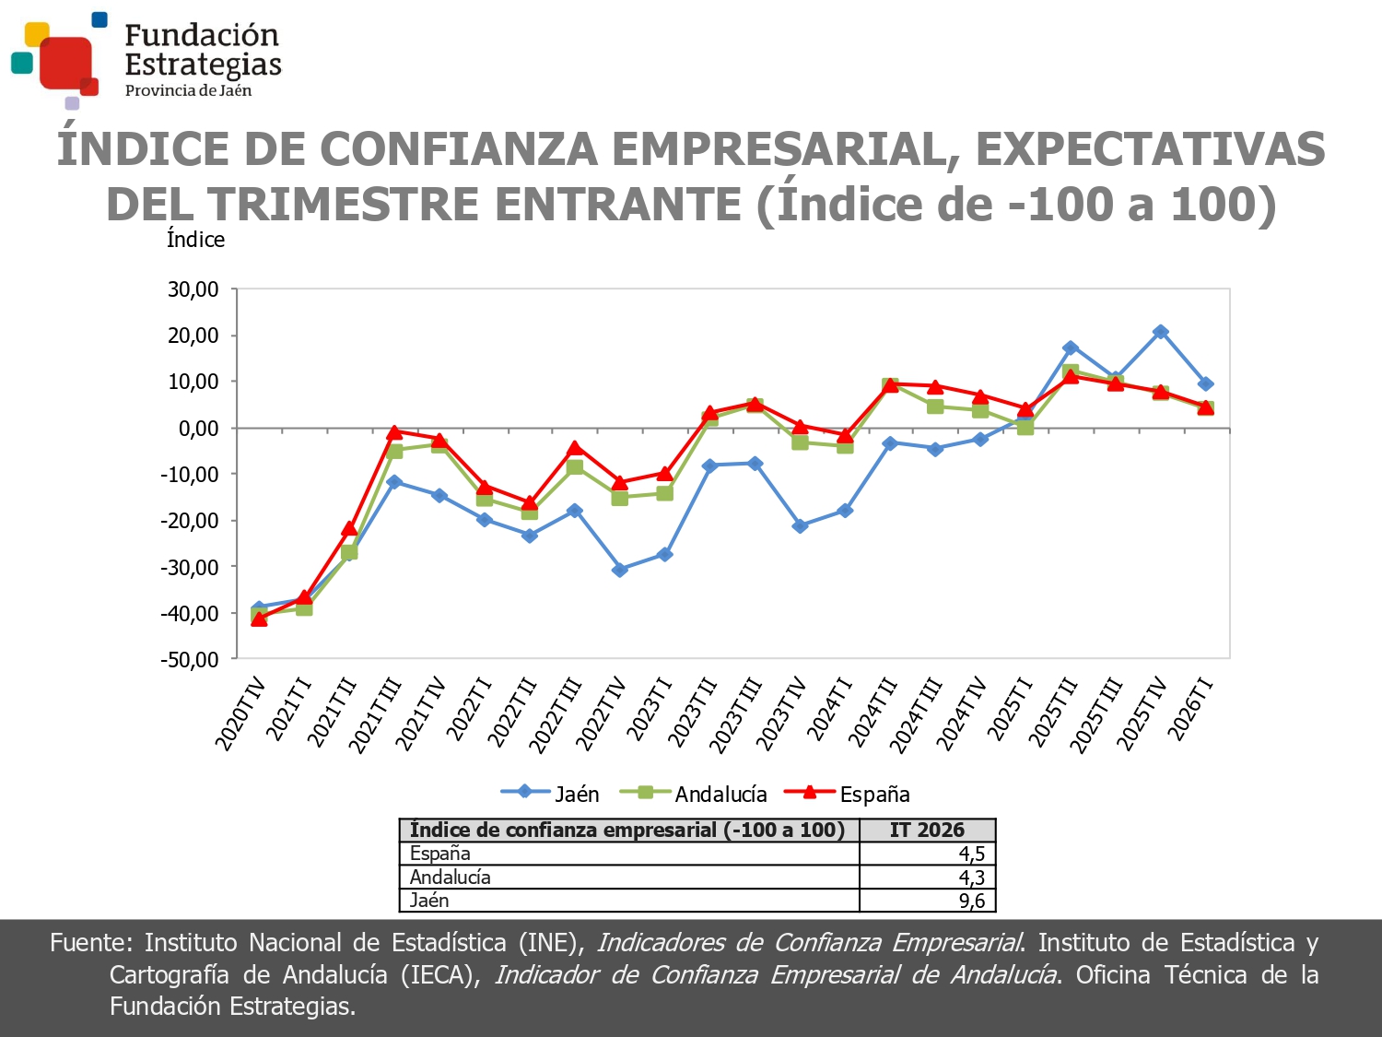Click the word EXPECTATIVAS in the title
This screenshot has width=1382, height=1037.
1150,149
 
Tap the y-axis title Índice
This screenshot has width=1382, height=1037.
195,240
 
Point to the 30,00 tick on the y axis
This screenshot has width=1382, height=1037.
193,289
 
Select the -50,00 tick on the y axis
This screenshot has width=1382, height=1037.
190,659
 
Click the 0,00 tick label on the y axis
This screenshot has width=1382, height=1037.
198,429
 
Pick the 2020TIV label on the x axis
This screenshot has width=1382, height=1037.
242,715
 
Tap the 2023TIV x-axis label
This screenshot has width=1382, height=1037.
783,715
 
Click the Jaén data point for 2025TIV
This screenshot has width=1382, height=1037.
1161,332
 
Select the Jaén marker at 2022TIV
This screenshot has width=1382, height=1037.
620,570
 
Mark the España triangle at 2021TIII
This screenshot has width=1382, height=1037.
394,431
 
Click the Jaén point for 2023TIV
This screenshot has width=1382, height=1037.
800,526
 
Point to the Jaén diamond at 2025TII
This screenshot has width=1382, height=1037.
1071,348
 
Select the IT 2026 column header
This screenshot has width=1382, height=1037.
927,830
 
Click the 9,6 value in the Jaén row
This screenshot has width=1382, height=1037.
972,901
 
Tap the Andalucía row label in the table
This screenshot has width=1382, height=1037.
451,877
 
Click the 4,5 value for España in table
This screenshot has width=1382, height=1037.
972,854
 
